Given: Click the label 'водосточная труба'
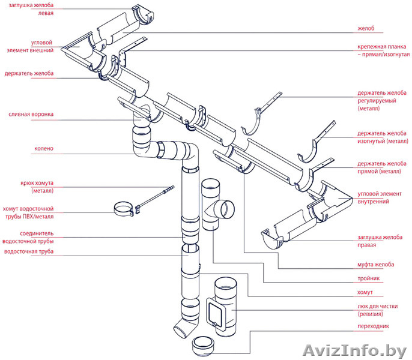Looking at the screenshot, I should pos(28,251).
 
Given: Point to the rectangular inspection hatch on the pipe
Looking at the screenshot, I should pos(216,311).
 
